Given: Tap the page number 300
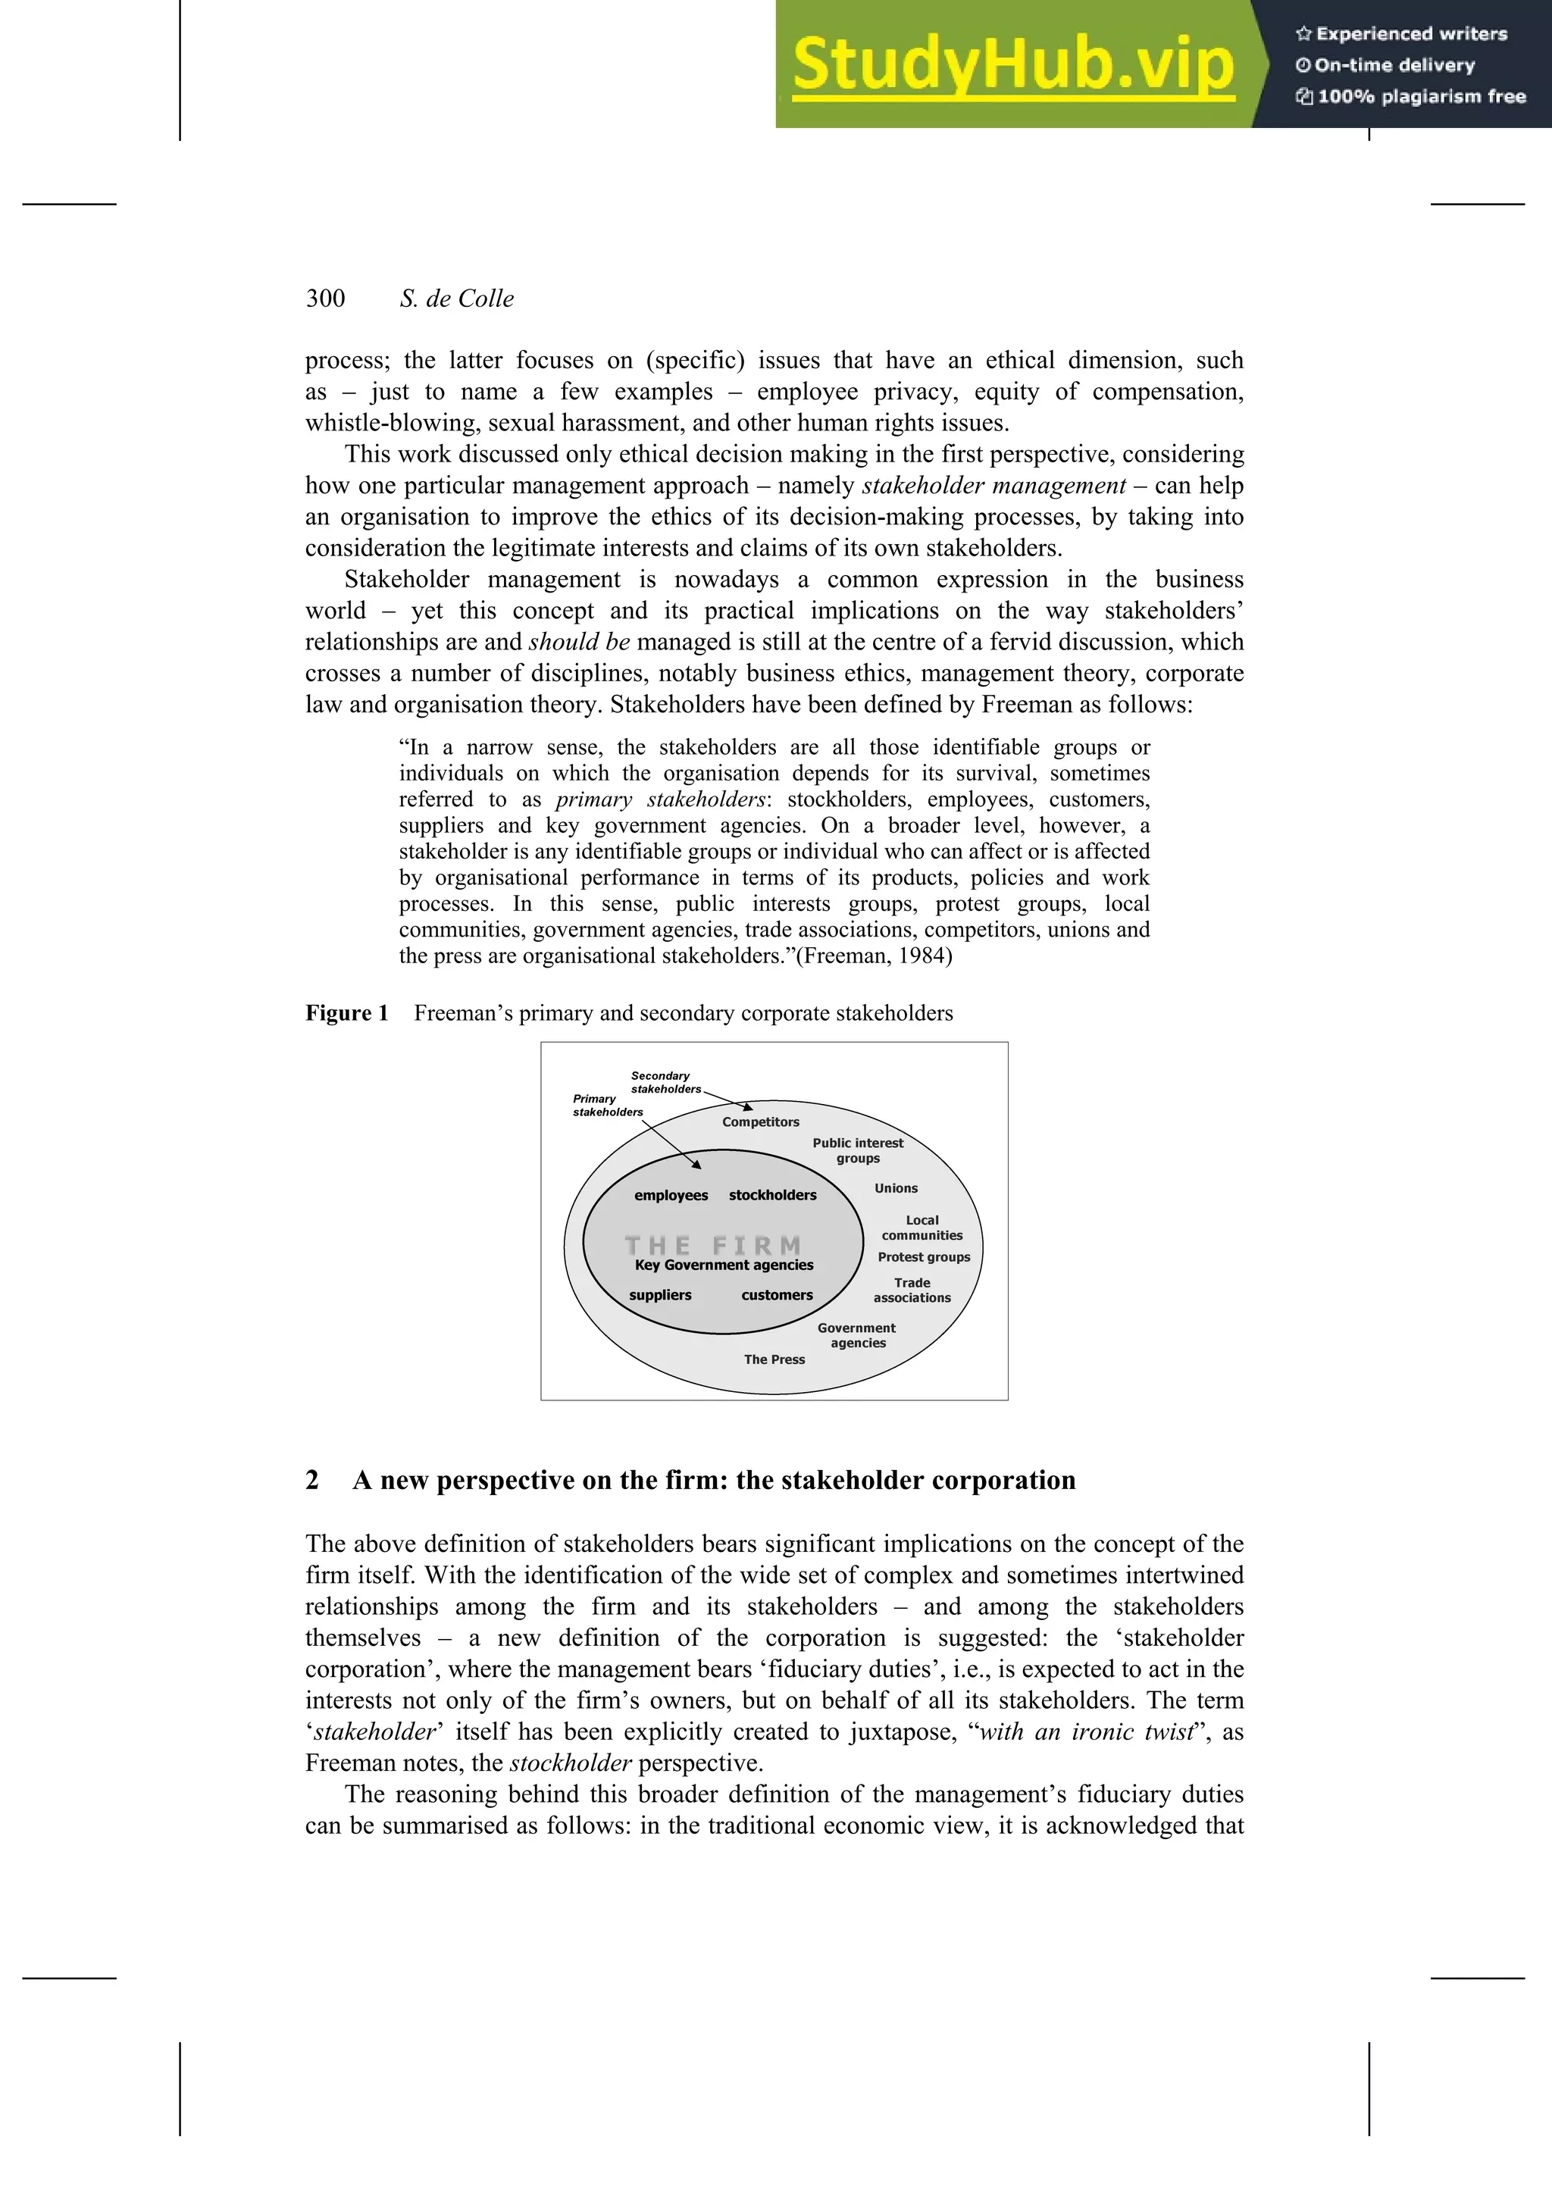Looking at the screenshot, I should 325,299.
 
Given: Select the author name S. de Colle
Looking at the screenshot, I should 456,299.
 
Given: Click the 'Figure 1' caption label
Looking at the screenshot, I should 346,1013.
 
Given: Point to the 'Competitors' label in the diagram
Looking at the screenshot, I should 760,1122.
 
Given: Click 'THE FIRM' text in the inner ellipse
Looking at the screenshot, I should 712,1245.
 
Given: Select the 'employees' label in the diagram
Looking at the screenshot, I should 671,1196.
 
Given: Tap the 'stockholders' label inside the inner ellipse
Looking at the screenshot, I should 773,1196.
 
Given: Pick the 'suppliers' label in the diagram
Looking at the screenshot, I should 660,1295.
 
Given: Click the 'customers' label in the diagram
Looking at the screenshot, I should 777,1295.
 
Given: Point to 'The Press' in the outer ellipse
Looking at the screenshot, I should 774,1359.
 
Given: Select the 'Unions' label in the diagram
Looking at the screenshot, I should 896,1188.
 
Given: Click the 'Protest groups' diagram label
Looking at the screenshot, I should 924,1257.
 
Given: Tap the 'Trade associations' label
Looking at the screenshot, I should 912,1290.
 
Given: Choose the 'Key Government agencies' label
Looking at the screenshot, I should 724,1265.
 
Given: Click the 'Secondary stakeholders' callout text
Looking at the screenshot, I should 665,1082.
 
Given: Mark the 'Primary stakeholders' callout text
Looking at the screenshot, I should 607,1105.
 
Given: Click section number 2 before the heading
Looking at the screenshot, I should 311,1480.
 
